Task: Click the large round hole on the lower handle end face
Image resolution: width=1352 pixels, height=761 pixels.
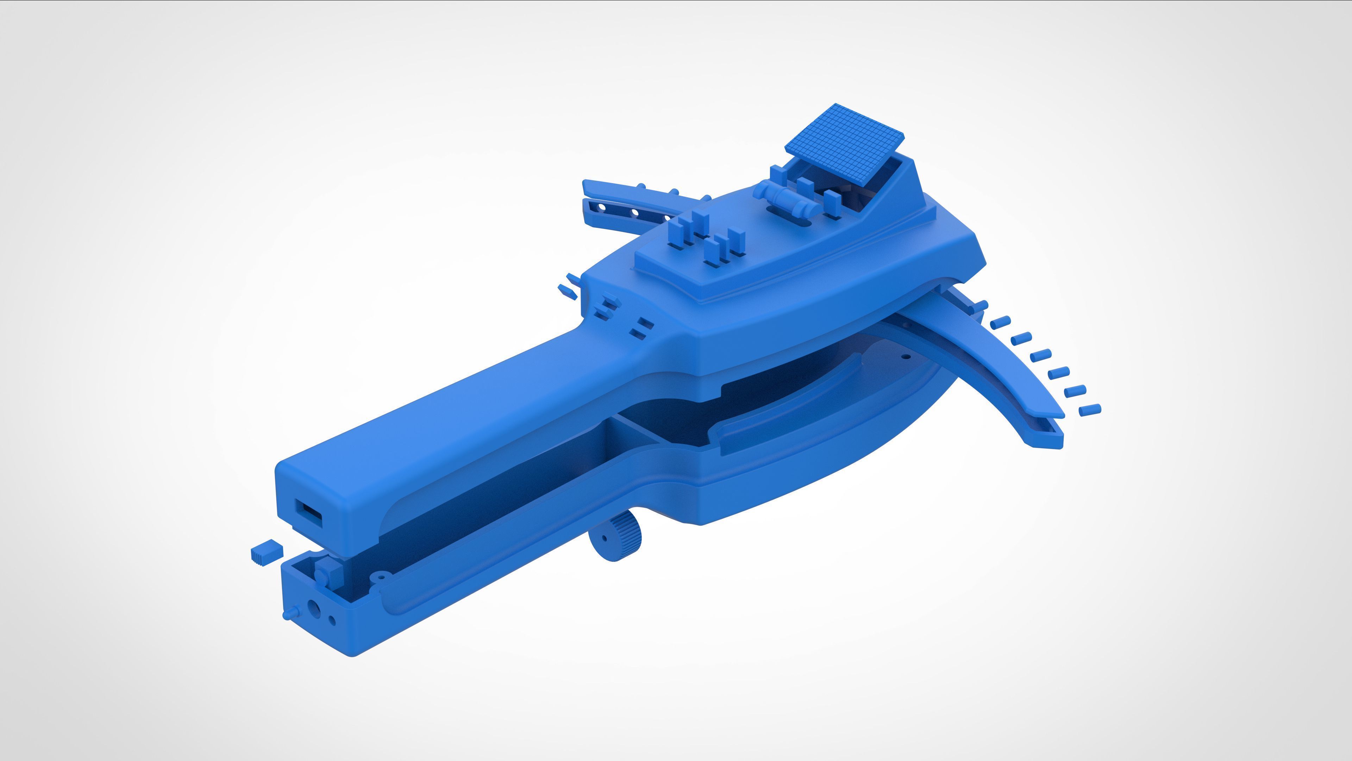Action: coord(314,609)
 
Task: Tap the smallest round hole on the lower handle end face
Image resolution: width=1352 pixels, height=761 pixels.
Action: coord(332,621)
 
